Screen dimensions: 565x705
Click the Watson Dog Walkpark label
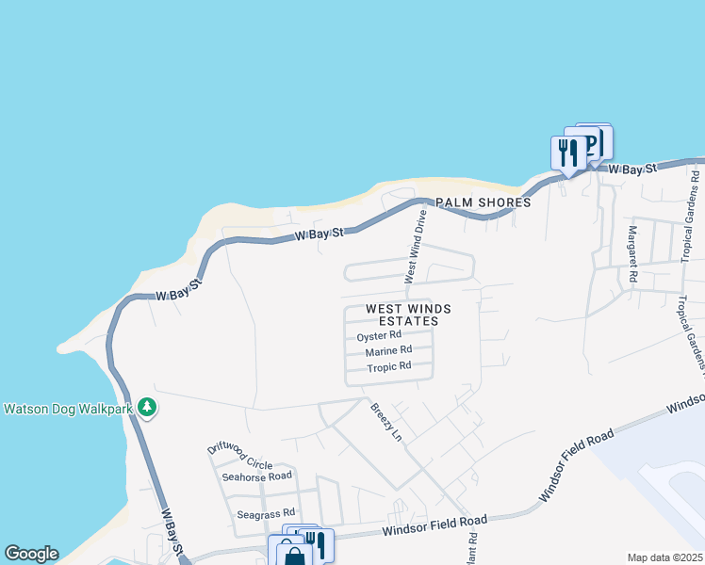click(x=67, y=409)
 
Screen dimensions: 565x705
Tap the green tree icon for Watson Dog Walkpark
click(x=146, y=408)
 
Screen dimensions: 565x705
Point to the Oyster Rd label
click(x=379, y=335)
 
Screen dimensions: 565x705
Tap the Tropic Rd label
click(x=389, y=366)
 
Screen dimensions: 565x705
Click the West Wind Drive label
click(x=416, y=247)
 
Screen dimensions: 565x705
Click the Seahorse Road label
click(x=256, y=476)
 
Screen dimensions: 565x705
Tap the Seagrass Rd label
click(x=259, y=514)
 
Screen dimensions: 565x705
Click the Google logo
click(x=31, y=554)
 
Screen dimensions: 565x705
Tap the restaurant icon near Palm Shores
click(x=568, y=152)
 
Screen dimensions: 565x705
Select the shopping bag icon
click(x=293, y=554)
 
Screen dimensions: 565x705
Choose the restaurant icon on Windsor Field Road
click(x=316, y=543)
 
